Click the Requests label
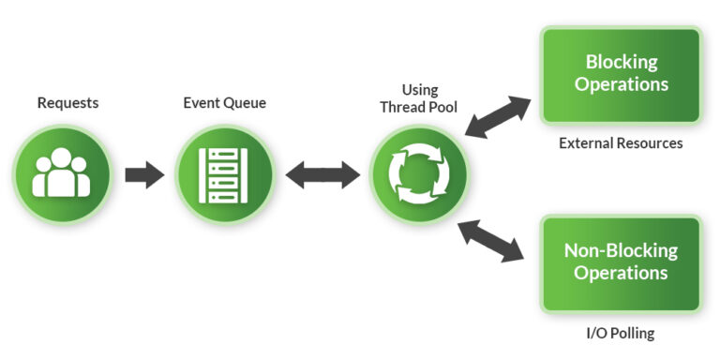coord(67,103)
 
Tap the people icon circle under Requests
coord(62,175)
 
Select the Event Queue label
coord(224,103)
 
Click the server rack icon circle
coord(224,175)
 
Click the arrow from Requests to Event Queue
coord(143,175)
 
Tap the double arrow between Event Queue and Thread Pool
coord(322,175)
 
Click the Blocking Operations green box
coord(621,75)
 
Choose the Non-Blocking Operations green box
coord(621,262)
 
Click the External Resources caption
coord(621,143)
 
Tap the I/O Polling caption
coord(621,333)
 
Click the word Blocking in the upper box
coord(621,63)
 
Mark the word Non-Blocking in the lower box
coord(621,251)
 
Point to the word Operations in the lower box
coord(621,274)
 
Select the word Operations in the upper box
coord(621,85)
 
